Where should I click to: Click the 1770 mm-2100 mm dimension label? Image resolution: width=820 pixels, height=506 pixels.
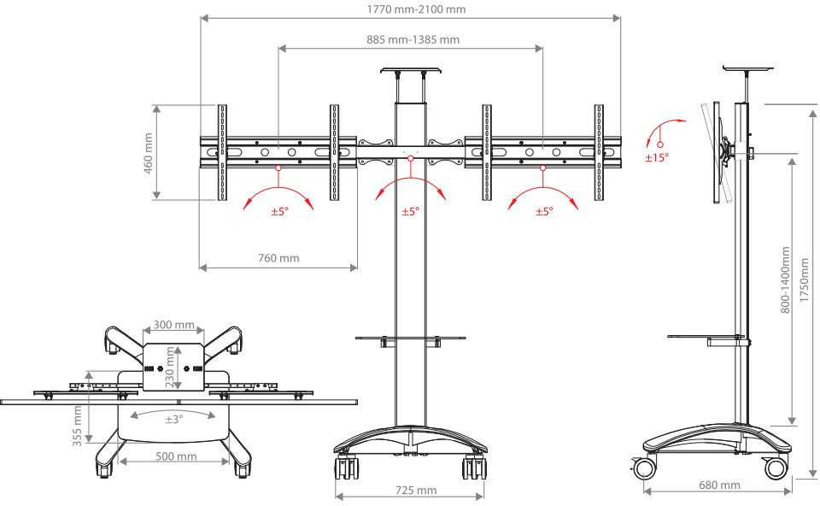click(x=416, y=9)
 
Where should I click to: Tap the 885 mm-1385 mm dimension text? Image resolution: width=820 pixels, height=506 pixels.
click(x=413, y=39)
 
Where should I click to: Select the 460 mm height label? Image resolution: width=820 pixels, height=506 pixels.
click(x=148, y=153)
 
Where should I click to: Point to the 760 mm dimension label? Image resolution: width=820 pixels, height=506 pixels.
click(x=278, y=258)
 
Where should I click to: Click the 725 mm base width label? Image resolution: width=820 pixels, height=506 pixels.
click(x=416, y=491)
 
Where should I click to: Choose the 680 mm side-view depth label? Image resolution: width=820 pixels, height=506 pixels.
click(x=719, y=485)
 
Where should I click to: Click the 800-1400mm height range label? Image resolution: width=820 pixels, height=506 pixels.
click(x=786, y=280)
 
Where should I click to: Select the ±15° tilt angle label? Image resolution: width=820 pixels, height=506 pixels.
click(x=657, y=157)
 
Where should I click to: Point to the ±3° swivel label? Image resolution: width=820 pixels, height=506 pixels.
click(x=174, y=420)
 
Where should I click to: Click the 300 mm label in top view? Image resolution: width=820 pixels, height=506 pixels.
click(x=173, y=325)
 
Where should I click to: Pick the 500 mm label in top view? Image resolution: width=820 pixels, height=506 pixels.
click(x=176, y=456)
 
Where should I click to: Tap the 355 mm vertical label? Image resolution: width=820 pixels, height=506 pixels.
click(x=78, y=426)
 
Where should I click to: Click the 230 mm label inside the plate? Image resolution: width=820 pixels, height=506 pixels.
click(x=169, y=367)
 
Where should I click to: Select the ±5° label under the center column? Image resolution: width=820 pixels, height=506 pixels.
click(x=411, y=211)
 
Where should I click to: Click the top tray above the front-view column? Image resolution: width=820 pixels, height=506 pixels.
click(x=410, y=70)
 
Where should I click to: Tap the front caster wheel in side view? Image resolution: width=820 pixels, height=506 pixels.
click(x=776, y=468)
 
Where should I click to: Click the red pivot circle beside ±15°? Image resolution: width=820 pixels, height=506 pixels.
click(x=660, y=144)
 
